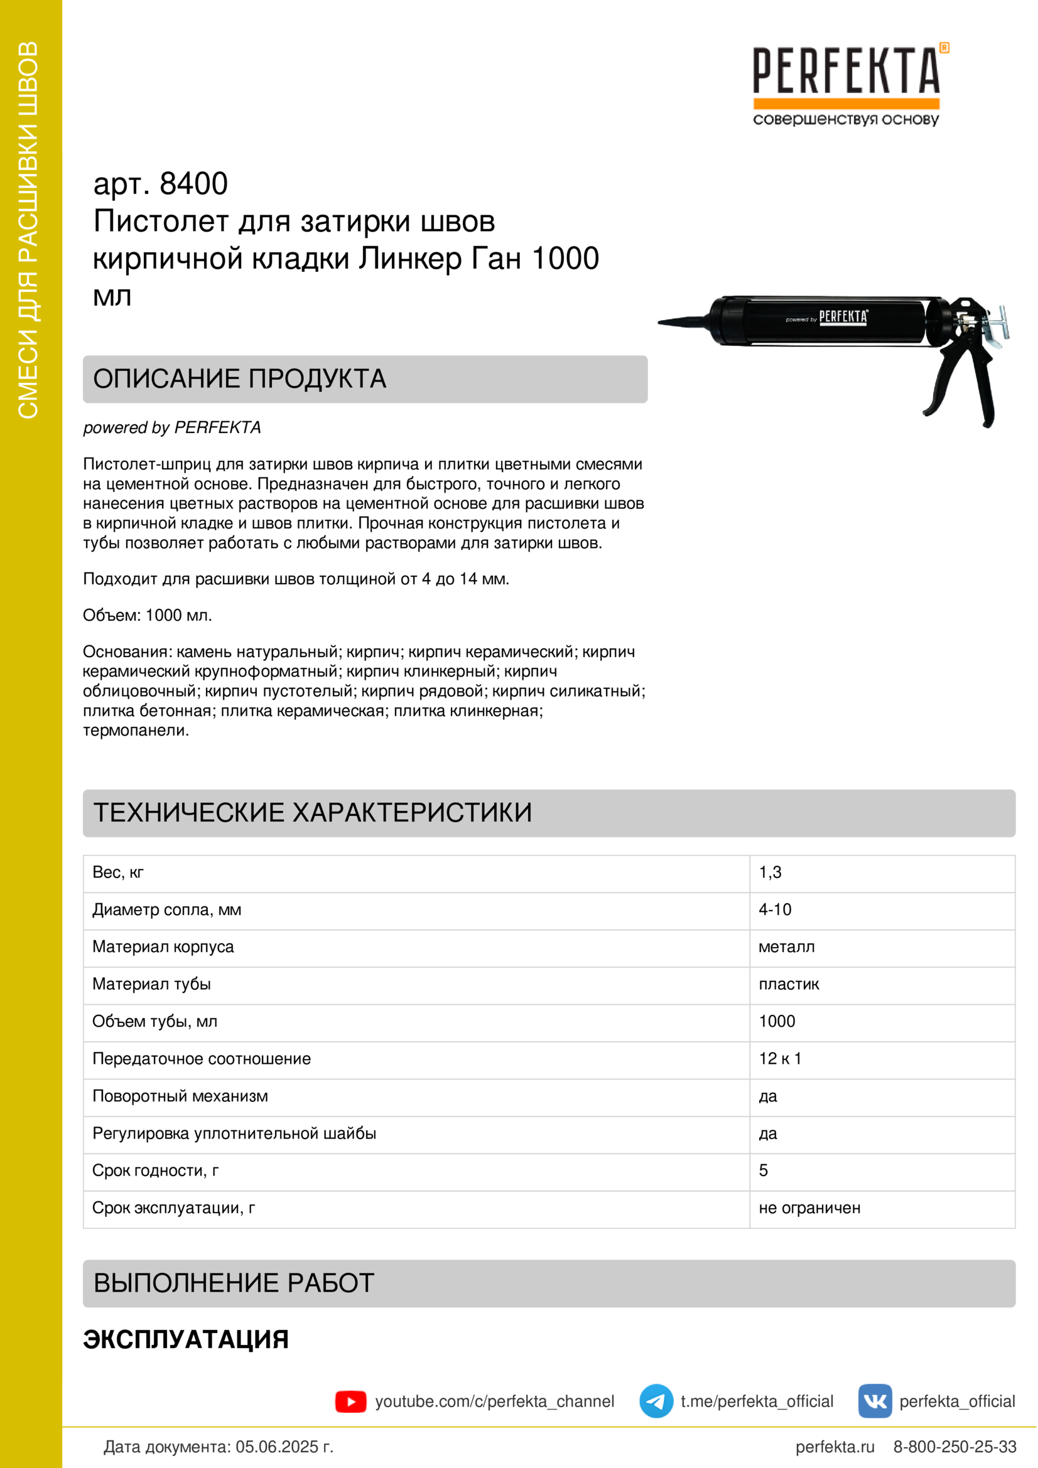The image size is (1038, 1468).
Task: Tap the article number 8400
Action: (x=193, y=184)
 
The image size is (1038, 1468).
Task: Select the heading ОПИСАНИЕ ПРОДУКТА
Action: (x=240, y=379)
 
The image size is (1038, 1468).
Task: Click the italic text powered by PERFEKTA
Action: (x=172, y=427)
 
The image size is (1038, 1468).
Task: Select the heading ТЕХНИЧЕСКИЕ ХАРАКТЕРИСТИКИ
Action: (x=313, y=813)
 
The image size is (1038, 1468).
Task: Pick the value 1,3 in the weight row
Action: (x=770, y=873)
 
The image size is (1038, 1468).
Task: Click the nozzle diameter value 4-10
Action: (x=774, y=910)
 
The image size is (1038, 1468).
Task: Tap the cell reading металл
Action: (x=786, y=947)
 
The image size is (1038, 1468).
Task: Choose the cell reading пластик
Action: (x=789, y=984)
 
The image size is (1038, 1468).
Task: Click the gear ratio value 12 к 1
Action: (x=780, y=1059)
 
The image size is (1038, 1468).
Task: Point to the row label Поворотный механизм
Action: (x=180, y=1096)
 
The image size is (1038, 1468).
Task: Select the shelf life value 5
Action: (x=763, y=1171)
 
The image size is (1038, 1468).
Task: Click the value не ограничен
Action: (x=809, y=1208)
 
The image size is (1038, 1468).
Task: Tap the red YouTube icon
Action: (x=350, y=1401)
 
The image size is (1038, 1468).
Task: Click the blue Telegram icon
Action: (x=656, y=1401)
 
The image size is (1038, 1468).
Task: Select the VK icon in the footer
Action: (x=874, y=1401)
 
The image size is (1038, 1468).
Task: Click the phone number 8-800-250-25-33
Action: (x=954, y=1447)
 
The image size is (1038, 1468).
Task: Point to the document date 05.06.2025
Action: (x=284, y=1447)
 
